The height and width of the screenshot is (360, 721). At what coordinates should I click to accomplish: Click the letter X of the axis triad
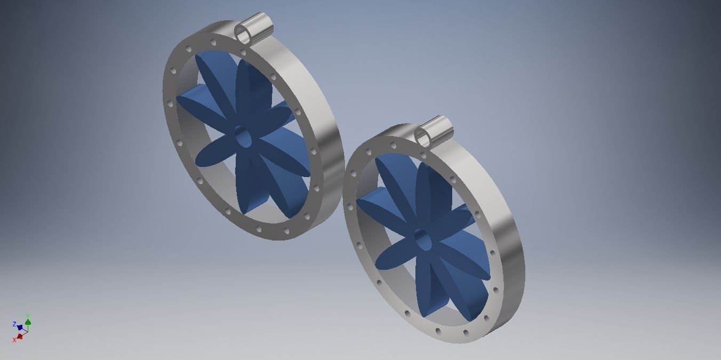(14, 340)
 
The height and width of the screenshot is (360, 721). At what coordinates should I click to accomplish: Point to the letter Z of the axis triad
(14, 324)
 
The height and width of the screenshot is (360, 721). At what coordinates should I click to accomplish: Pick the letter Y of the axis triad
(28, 316)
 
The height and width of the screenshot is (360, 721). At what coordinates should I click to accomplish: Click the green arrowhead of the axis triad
(28, 322)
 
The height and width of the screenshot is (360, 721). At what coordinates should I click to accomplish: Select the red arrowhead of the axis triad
(20, 337)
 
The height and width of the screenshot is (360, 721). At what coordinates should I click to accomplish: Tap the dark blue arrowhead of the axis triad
(20, 327)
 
